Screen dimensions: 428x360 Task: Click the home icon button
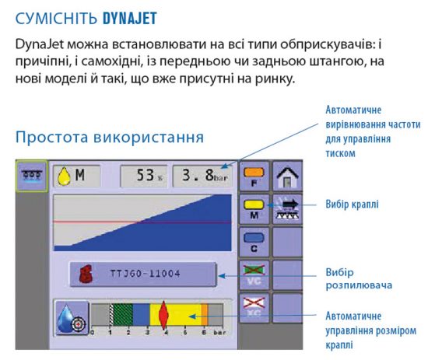pos(287,177)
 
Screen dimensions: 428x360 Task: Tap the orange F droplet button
pos(254,177)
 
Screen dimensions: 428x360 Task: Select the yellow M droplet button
pos(254,209)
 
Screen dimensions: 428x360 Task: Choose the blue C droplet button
pos(254,242)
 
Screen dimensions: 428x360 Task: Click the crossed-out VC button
pos(254,274)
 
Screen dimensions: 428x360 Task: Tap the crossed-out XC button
pos(254,308)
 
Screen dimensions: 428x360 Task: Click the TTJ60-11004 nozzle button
pos(143,274)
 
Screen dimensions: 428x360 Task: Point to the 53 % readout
pos(144,176)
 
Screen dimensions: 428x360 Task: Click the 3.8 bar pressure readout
pos(203,176)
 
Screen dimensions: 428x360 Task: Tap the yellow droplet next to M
pos(64,177)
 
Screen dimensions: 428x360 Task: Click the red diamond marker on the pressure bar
pos(163,315)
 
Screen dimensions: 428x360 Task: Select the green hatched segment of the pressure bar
pos(122,314)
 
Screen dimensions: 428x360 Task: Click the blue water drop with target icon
pos(72,318)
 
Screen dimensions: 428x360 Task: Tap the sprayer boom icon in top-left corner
pos(32,177)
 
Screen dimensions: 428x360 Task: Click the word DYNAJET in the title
pos(130,19)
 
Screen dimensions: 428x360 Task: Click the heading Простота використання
pos(110,137)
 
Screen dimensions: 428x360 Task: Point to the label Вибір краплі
pos(352,204)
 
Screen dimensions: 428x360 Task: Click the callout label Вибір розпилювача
pos(359,278)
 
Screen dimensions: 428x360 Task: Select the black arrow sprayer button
pos(287,209)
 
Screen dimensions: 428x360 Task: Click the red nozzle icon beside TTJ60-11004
pos(86,274)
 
